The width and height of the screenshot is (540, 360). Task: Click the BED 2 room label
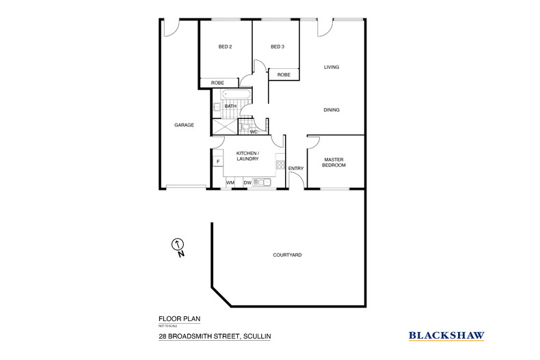(225, 46)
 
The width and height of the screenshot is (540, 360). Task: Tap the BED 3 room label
(277, 46)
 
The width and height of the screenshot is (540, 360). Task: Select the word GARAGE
(184, 125)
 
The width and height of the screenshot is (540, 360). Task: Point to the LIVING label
(332, 67)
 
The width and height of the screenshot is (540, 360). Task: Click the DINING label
(332, 110)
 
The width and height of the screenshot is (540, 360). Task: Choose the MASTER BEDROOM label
(335, 163)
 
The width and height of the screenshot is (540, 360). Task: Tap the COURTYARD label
(287, 255)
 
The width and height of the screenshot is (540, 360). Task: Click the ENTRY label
(296, 168)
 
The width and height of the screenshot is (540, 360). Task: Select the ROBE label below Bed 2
(217, 83)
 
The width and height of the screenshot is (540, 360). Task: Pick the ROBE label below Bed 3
(284, 74)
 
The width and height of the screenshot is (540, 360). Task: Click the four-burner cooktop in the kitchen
(280, 165)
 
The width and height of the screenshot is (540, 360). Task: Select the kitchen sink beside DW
(261, 182)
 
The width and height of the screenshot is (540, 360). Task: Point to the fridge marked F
(217, 161)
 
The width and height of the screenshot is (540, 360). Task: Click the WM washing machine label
(230, 182)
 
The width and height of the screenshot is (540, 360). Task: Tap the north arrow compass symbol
(178, 245)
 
